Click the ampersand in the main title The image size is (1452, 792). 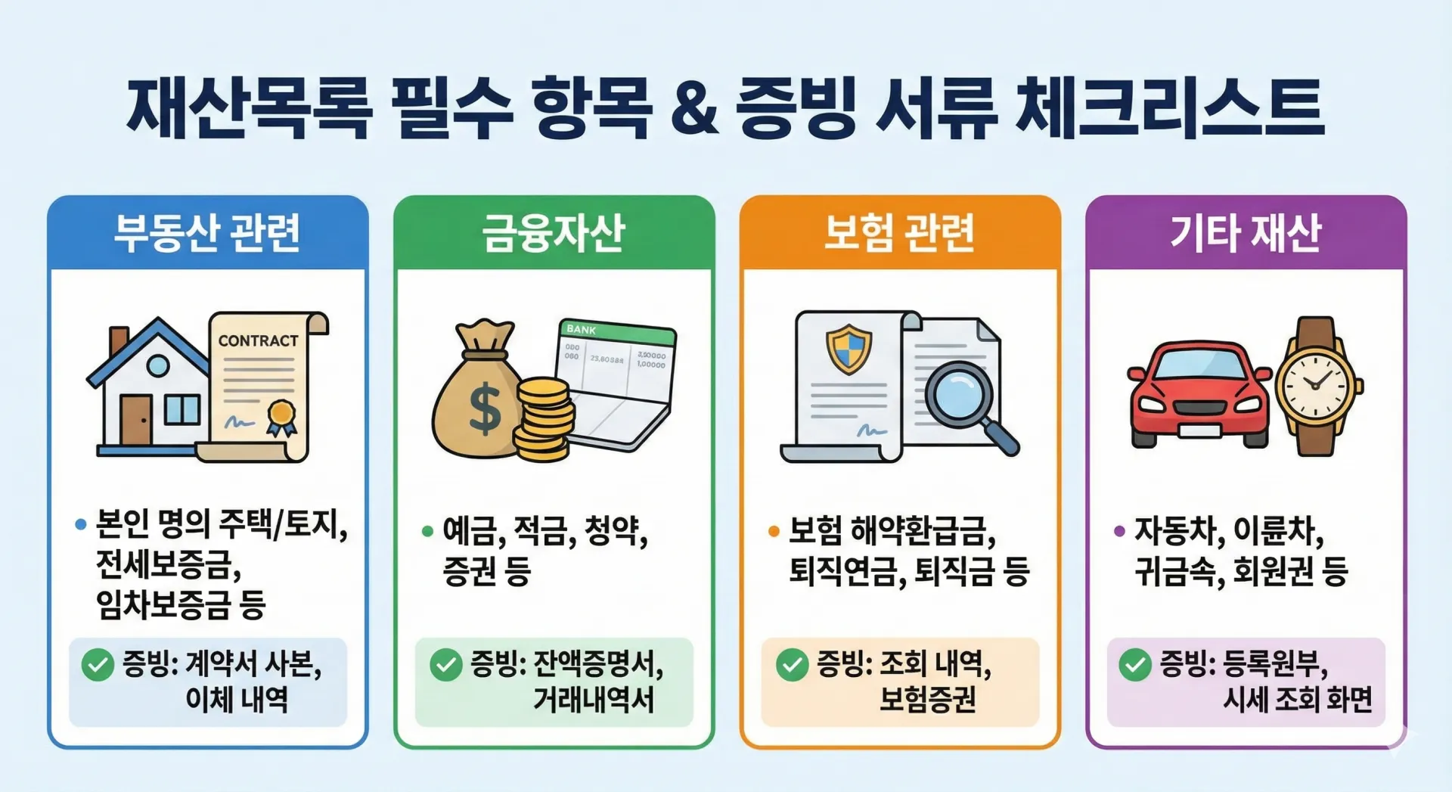click(x=694, y=110)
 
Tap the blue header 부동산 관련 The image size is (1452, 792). click(x=207, y=232)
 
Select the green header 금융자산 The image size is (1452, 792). click(x=554, y=232)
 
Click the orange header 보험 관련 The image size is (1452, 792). click(x=899, y=232)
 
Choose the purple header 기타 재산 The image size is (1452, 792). click(x=1246, y=232)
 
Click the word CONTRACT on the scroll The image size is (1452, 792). click(x=259, y=341)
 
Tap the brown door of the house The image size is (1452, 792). click(x=136, y=420)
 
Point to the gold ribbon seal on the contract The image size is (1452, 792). click(x=281, y=418)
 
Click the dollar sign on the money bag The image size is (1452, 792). click(x=485, y=407)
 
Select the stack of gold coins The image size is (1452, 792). click(x=544, y=420)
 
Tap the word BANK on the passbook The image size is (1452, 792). click(x=582, y=329)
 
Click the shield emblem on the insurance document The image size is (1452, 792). click(x=848, y=349)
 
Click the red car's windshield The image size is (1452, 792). click(x=1200, y=365)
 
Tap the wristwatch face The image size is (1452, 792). click(x=1315, y=385)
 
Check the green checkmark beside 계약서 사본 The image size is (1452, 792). click(x=98, y=666)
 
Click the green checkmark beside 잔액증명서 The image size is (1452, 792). click(x=446, y=666)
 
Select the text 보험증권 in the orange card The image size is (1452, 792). click(x=927, y=700)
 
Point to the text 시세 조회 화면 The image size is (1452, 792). click(x=1298, y=700)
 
